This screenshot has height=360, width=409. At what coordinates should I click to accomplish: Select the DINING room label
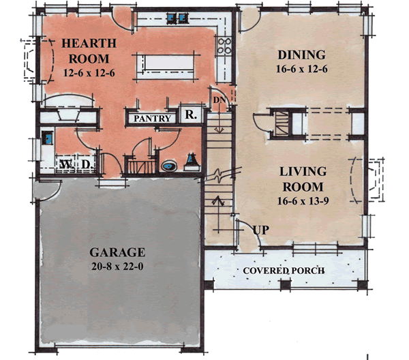[x=303, y=55]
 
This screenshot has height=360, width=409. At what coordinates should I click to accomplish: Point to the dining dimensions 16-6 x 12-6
[x=303, y=70]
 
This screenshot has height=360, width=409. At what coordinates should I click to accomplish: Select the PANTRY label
[x=152, y=118]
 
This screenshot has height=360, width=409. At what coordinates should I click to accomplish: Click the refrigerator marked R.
[x=190, y=116]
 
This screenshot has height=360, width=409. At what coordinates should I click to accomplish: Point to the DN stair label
[x=218, y=100]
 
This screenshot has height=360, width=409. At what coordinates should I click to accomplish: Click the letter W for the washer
[x=66, y=165]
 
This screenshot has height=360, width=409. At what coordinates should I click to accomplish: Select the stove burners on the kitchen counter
[x=223, y=48]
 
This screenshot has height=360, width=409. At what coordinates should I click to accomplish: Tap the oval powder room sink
[x=168, y=164]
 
